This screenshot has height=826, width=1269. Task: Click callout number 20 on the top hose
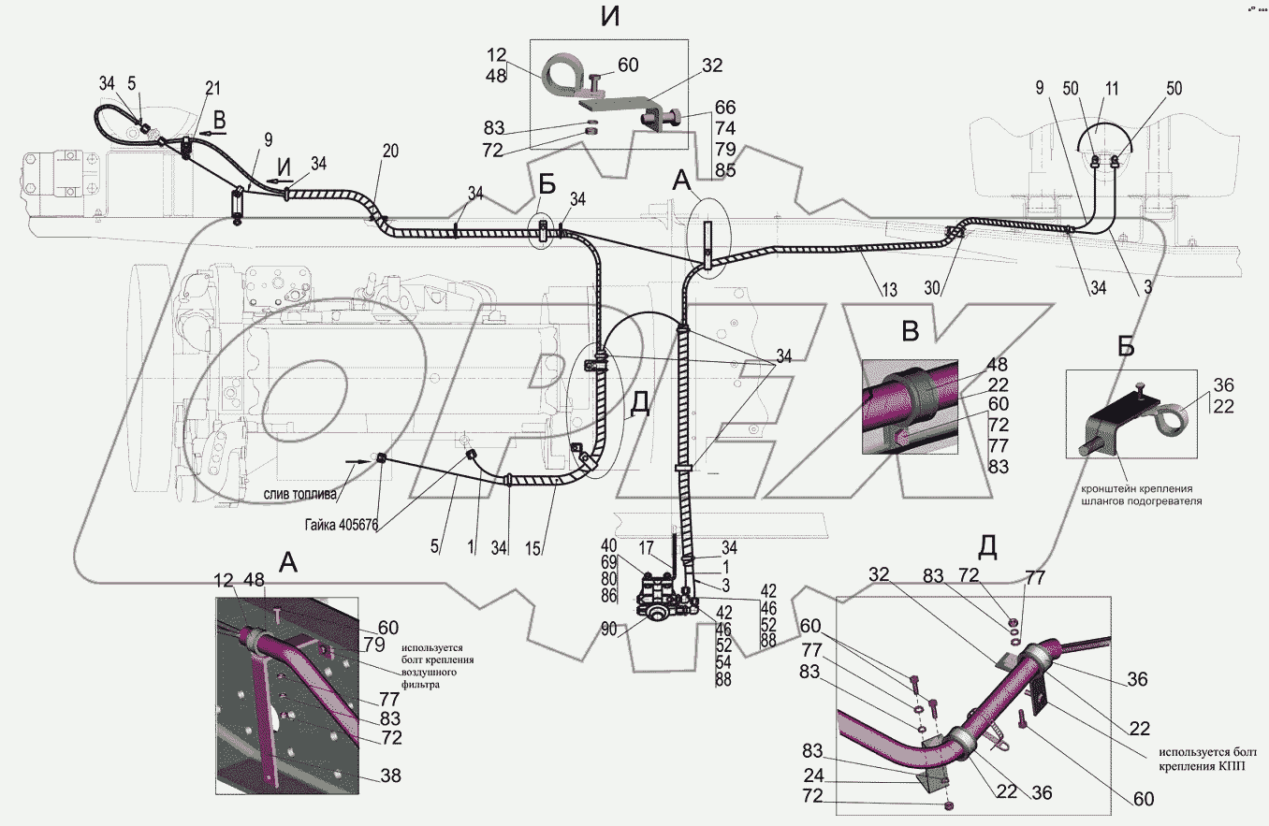pos(390,152)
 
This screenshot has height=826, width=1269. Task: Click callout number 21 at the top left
pos(211,88)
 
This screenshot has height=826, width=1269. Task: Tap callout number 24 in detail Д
pos(813,775)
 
